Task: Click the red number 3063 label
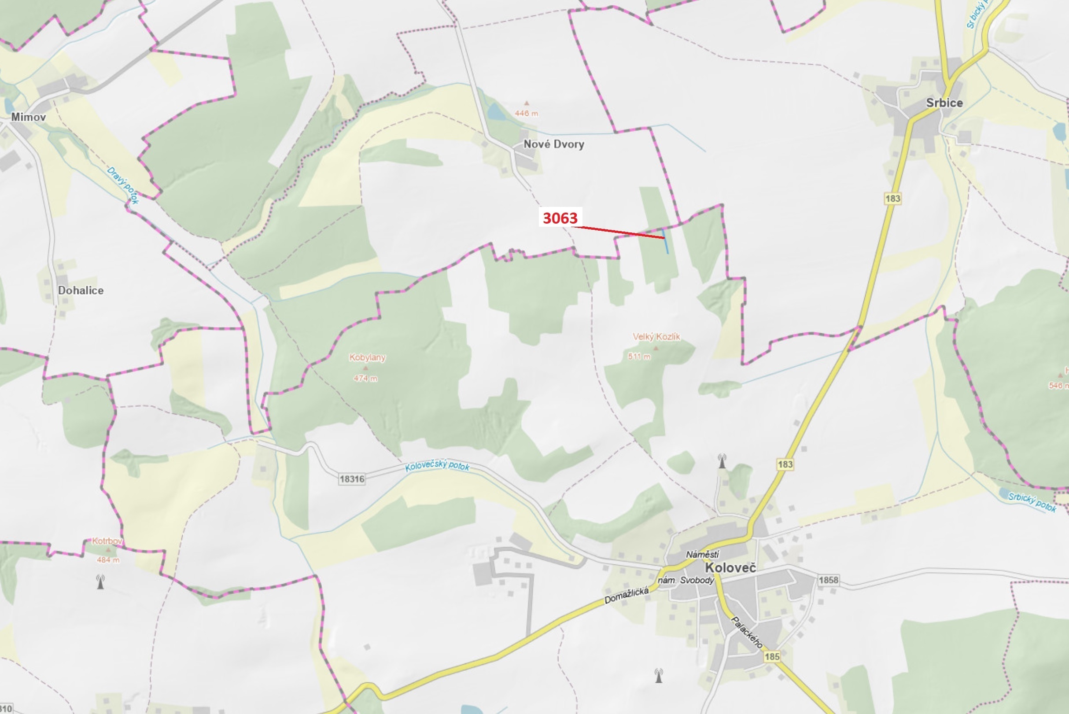[x=560, y=218]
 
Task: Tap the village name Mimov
[x=28, y=117]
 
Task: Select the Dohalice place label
[x=81, y=291]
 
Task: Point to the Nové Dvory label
[x=553, y=144]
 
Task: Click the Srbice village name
[x=944, y=103]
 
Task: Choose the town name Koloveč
[x=730, y=568]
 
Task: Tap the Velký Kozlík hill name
[x=656, y=336]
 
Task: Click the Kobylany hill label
[x=367, y=357]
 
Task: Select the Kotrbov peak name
[x=107, y=541]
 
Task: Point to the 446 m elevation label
[x=526, y=114]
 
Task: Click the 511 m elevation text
[x=639, y=357]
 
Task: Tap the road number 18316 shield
[x=352, y=479]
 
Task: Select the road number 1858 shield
[x=828, y=580]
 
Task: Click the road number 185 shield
[x=772, y=657]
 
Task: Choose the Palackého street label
[x=747, y=633]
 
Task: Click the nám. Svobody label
[x=686, y=580]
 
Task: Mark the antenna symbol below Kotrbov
[x=100, y=582]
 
